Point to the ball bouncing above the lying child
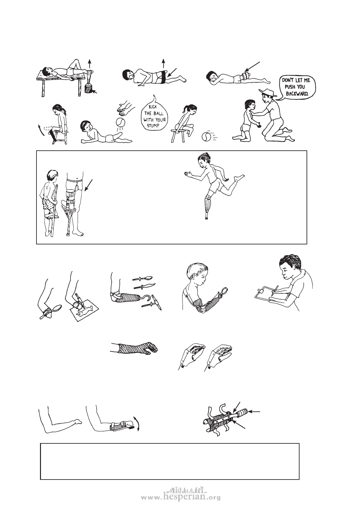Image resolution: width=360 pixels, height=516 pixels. coord(121,122)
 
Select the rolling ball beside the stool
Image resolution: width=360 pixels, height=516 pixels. coord(206,136)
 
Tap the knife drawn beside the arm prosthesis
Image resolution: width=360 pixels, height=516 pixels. coord(145,286)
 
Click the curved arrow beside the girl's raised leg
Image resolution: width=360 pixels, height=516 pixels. coord(41,131)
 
